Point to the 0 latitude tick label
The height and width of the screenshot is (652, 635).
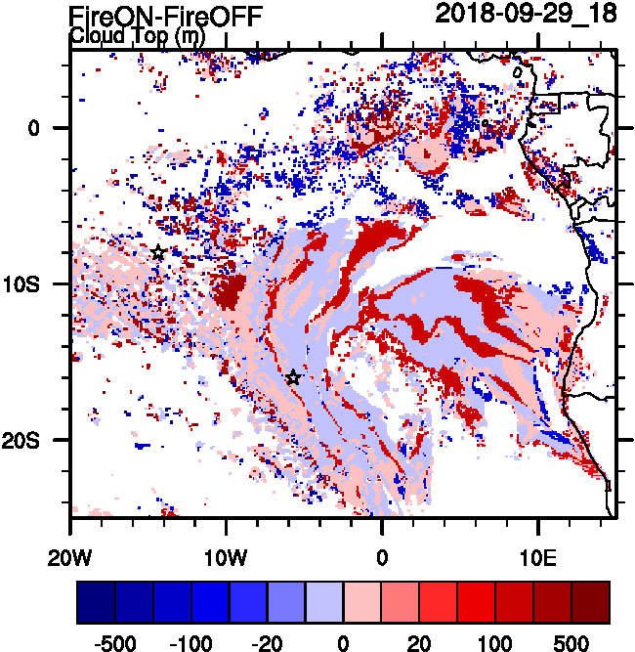(x=33, y=128)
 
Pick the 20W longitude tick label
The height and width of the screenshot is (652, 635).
(x=71, y=559)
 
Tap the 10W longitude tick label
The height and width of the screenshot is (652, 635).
(x=227, y=559)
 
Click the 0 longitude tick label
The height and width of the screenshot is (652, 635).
(x=382, y=559)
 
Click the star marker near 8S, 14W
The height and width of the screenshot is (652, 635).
(x=158, y=253)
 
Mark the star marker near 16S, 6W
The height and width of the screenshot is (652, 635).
(x=293, y=377)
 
